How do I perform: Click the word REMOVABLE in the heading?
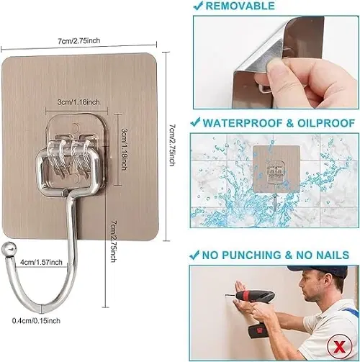[240, 6]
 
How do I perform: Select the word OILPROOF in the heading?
[326, 123]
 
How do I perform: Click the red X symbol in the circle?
[339, 346]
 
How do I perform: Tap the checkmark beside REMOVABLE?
[199, 6]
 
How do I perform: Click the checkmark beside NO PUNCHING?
[194, 255]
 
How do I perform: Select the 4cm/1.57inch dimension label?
[41, 262]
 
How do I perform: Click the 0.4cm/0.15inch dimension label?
[36, 321]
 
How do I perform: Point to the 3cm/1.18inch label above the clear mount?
[78, 102]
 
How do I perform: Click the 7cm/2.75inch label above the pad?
[79, 40]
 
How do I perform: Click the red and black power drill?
[258, 309]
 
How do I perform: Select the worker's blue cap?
[319, 272]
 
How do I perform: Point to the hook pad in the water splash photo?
[276, 169]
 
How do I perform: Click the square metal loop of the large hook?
[68, 171]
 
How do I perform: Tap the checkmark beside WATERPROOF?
[195, 122]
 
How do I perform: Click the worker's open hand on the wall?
[240, 288]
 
